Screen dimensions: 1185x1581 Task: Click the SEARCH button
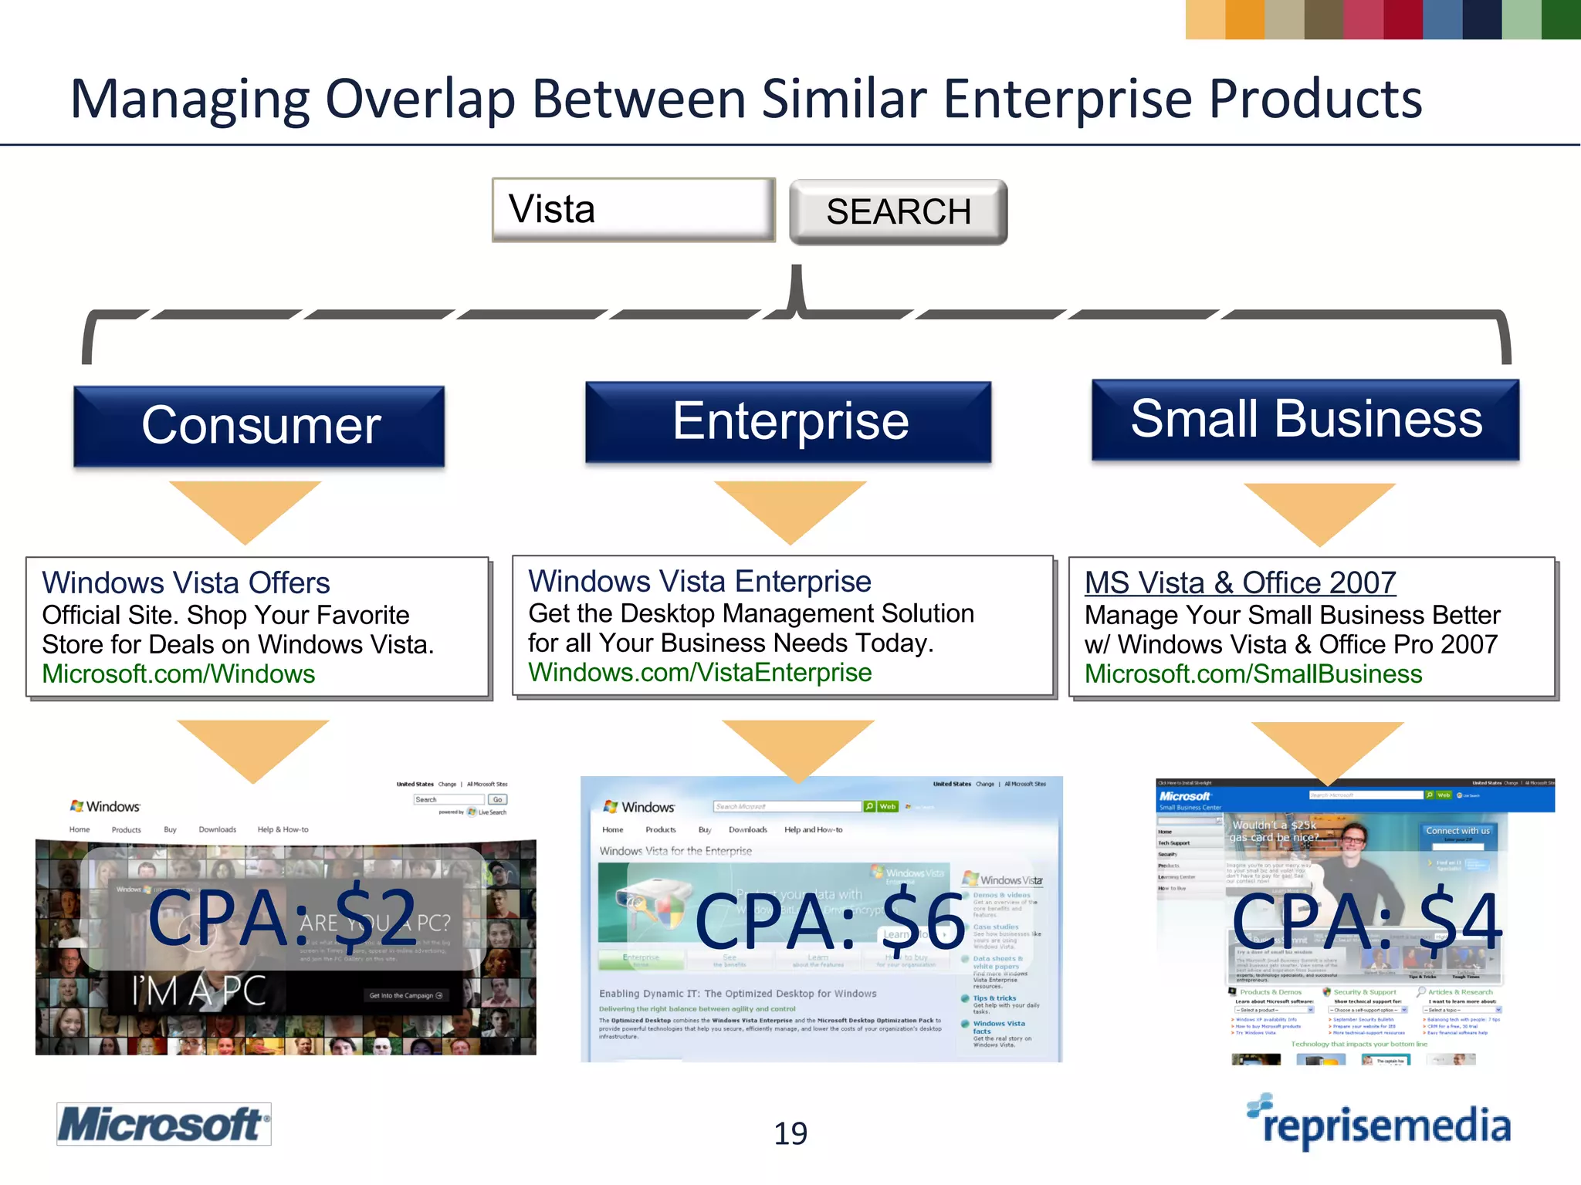point(898,212)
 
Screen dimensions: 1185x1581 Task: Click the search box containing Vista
point(633,210)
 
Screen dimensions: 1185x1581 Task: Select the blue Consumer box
point(259,426)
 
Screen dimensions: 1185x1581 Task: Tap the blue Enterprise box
point(788,422)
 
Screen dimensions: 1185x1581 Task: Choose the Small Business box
point(1305,419)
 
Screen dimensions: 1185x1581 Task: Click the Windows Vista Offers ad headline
point(186,583)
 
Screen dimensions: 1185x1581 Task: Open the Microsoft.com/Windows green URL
point(178,674)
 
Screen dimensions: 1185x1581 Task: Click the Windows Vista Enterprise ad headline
point(699,582)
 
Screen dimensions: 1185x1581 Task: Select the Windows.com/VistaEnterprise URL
point(699,673)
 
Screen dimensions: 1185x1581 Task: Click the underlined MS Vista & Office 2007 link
point(1240,583)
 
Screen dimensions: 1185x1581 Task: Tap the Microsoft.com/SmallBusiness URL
point(1253,674)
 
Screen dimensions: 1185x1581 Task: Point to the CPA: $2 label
point(283,918)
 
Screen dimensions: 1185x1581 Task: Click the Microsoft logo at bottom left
point(164,1124)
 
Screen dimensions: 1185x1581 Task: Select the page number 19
point(790,1133)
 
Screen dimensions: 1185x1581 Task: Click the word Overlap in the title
point(420,99)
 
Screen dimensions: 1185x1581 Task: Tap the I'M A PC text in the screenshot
point(199,991)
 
